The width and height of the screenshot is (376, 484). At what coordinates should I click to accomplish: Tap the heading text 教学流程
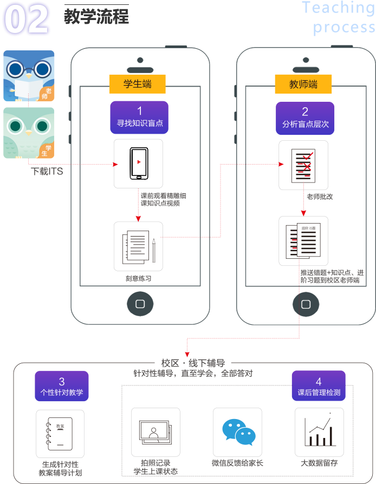coord(96,16)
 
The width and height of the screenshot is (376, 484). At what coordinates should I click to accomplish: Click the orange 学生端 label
coord(137,84)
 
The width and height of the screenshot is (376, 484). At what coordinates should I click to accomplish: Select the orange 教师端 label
coord(303,84)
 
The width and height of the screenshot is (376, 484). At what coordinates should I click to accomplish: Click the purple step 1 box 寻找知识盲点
coord(139,118)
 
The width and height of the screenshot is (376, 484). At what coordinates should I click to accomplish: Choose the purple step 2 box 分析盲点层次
coord(305,118)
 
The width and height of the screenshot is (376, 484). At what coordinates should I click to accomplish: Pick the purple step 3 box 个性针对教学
coord(61,387)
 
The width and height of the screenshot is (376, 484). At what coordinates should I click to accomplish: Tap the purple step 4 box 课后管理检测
coord(319,387)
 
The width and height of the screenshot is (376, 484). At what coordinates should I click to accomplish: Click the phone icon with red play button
coord(138,163)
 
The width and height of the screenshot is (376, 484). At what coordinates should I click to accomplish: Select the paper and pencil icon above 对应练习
coord(138,246)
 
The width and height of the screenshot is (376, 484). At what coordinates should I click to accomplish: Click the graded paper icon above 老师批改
coord(303,165)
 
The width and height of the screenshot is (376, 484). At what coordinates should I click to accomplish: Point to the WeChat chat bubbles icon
coord(238,432)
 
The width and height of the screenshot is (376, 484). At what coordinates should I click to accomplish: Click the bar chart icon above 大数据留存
coord(319,432)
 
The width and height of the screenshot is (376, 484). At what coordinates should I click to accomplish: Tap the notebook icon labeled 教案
coord(60,434)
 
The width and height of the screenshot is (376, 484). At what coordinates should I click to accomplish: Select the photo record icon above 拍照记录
coord(155,432)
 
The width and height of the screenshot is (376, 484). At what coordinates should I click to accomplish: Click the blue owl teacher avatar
coord(29,76)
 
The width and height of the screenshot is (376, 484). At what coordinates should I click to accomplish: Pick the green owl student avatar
coord(29,133)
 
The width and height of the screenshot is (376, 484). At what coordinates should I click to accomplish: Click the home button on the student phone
coord(140,304)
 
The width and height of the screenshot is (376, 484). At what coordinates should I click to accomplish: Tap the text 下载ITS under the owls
coord(47,172)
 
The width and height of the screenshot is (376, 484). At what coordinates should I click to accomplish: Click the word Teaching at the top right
coord(338,8)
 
